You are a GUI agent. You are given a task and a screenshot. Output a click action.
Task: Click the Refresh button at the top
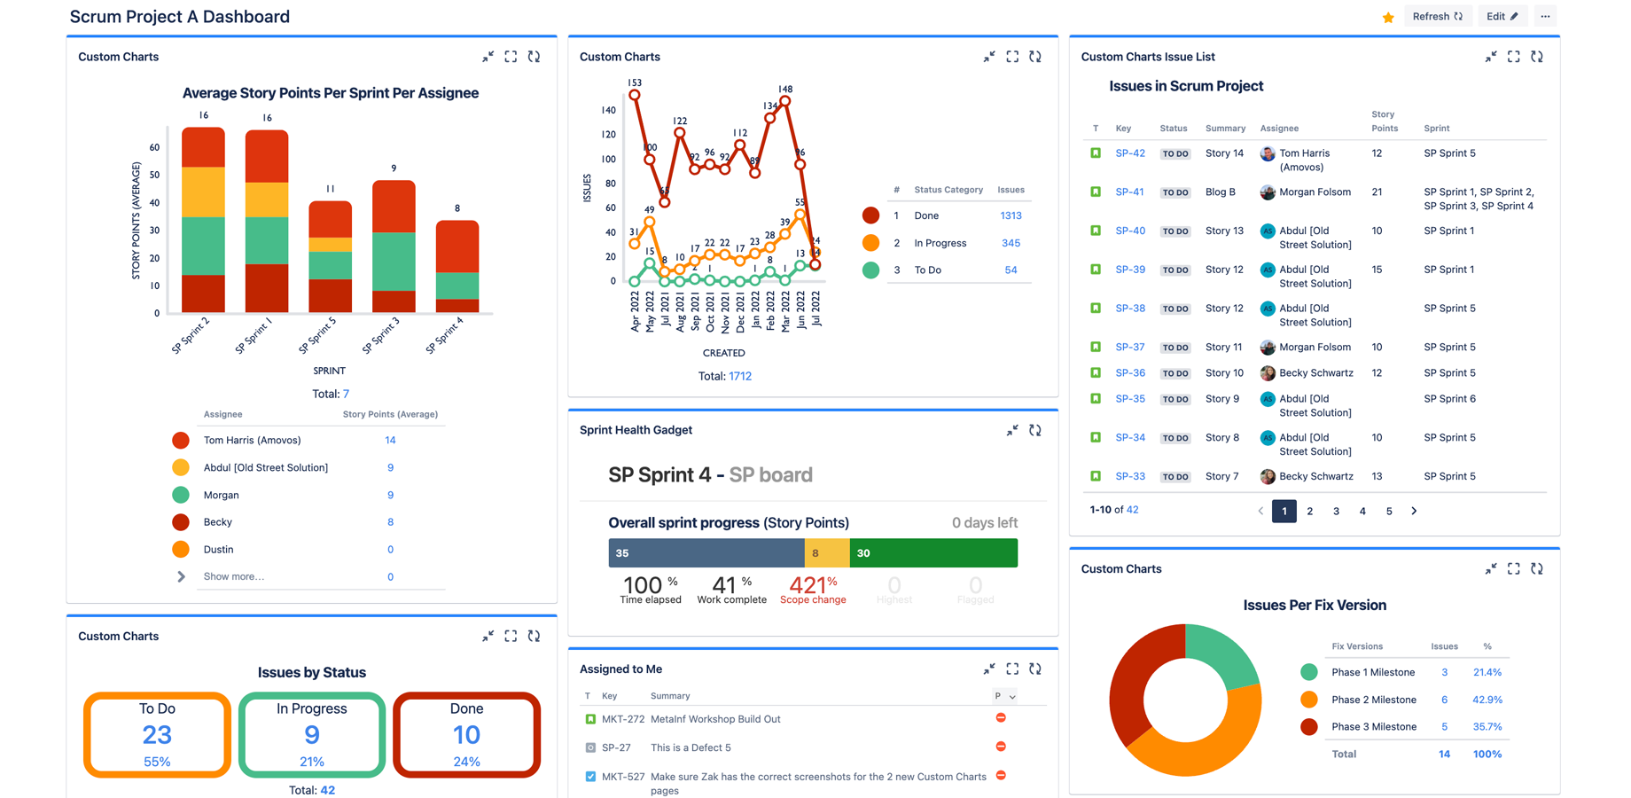coord(1437,16)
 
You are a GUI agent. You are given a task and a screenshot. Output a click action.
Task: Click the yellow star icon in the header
coord(1388,17)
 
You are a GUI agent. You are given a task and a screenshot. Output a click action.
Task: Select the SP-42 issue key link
coord(1130,153)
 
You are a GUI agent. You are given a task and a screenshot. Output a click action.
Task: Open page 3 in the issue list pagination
coord(1336,512)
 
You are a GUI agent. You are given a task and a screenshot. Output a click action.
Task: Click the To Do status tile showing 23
coord(157,734)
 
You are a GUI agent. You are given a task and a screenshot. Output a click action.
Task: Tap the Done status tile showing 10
coord(466,734)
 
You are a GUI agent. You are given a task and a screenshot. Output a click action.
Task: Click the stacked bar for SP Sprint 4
coord(457,266)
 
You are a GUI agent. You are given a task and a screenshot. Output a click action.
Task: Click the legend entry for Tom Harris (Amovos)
coord(252,440)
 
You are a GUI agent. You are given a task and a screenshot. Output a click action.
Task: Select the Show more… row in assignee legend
coord(234,576)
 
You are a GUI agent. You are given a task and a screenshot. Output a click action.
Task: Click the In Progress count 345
coord(1011,243)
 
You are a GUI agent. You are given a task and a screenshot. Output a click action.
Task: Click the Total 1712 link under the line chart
coord(740,376)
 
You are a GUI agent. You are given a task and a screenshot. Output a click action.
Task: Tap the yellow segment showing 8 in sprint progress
coord(826,553)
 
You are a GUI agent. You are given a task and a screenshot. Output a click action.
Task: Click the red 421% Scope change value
coord(813,585)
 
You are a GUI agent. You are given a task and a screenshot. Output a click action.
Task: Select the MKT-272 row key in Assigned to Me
coord(622,719)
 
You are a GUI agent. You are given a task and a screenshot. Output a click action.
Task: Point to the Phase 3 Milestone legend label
coord(1374,727)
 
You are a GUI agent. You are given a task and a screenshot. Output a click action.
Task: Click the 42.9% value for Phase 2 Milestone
coord(1487,700)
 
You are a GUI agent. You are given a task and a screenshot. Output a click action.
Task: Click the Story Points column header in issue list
coord(1384,121)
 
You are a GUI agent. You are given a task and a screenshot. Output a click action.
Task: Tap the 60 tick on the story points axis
coord(155,148)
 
